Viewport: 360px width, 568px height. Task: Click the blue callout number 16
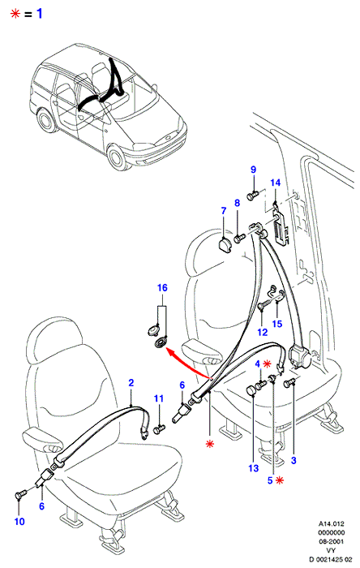pos(162,287)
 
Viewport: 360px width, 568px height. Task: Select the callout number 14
pos(276,183)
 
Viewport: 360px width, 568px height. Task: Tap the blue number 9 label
pos(253,169)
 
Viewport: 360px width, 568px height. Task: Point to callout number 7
pos(223,210)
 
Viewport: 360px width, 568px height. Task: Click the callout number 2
pos(131,382)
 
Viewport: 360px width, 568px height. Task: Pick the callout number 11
pos(159,398)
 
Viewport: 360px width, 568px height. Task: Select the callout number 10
pos(19,521)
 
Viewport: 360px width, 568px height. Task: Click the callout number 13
pos(254,468)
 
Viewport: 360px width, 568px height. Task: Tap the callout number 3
pos(294,460)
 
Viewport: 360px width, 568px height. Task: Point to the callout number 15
pos(277,323)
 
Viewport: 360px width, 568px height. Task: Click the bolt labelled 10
pos(21,493)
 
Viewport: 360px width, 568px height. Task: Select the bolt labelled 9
pos(252,196)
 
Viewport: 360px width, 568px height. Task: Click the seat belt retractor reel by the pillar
pos(299,357)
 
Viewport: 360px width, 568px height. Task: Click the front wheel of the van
pos(117,158)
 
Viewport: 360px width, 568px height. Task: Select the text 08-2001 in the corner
pos(332,541)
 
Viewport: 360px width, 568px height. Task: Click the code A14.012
pos(332,523)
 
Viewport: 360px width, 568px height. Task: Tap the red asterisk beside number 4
pos(267,364)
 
